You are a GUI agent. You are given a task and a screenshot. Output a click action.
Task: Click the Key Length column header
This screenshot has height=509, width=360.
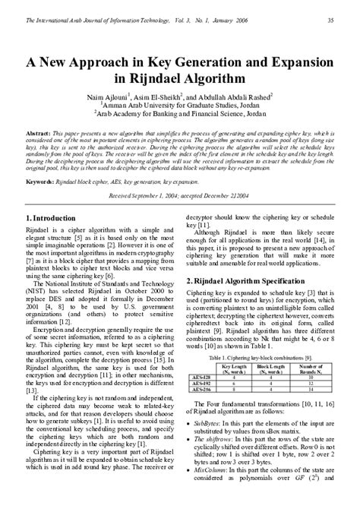pyautogui.click(x=239, y=366)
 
